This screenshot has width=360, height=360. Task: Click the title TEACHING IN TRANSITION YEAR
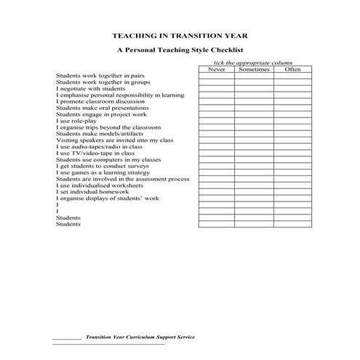pos(180,34)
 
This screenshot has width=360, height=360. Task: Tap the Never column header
pos(217,69)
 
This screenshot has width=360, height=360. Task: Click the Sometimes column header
pos(254,69)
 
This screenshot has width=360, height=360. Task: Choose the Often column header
pos(292,69)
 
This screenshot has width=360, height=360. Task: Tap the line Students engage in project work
pos(101,114)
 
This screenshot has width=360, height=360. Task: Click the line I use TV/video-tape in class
pos(95,153)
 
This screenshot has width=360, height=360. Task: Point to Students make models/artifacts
pos(100,134)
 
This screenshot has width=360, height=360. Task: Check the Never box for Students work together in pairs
pos(217,76)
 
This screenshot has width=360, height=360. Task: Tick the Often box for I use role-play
pos(292,121)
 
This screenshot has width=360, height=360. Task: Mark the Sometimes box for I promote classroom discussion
pos(254,101)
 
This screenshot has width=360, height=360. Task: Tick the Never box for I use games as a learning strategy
pos(217,172)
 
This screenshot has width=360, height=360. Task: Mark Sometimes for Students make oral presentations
pos(254,108)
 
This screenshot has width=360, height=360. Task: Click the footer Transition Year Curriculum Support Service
pos(140,337)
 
